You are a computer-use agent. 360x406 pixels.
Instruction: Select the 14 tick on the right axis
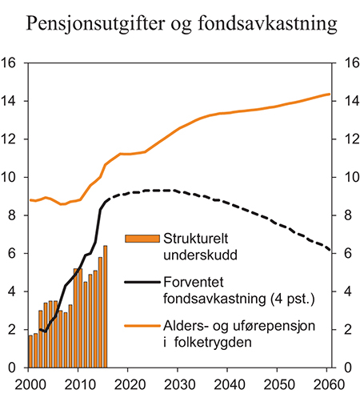coord(349,101)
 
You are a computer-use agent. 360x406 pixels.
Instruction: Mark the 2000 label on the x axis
coord(29,383)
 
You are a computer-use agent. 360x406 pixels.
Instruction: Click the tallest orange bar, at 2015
coord(105,307)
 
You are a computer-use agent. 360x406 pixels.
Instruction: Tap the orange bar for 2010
coord(79,318)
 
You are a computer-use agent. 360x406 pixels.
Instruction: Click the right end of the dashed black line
coord(330,250)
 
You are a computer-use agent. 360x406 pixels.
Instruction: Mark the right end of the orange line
coord(330,94)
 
